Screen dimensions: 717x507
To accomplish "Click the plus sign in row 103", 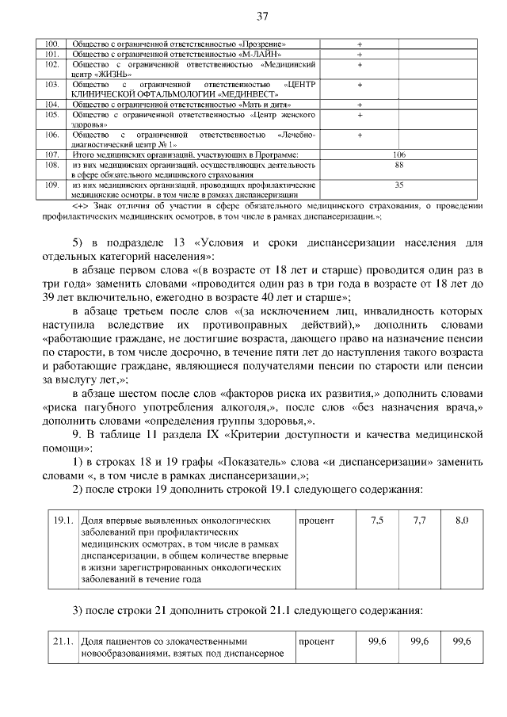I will coord(359,83).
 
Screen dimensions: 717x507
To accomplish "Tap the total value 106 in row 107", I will coord(399,154).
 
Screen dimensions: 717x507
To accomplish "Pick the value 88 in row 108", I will coord(399,165).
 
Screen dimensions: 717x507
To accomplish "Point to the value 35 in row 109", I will coord(399,185).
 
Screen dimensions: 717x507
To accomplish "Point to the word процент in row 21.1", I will coord(317,640).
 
